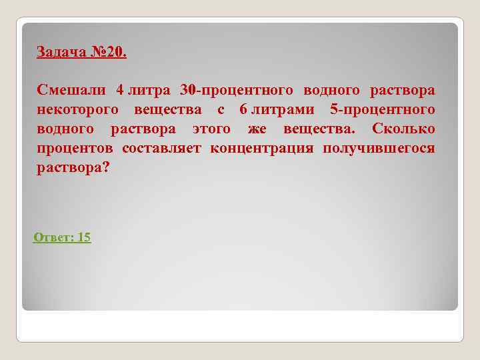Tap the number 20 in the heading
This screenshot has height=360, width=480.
click(x=115, y=52)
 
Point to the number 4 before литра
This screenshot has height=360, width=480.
click(x=120, y=90)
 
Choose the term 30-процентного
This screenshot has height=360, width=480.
click(x=237, y=90)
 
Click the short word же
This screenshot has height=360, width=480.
click(x=257, y=129)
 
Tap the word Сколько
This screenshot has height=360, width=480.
click(x=403, y=129)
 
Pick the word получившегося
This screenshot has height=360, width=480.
click(x=379, y=148)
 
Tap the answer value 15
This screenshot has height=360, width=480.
click(x=84, y=237)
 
